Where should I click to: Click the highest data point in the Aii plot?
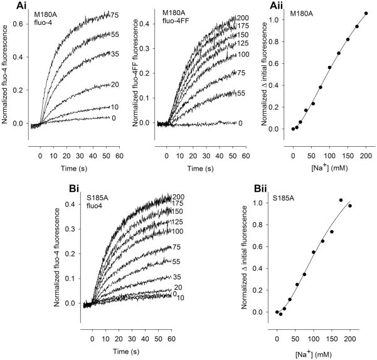tap(366, 13)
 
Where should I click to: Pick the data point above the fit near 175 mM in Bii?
tap(341, 200)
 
